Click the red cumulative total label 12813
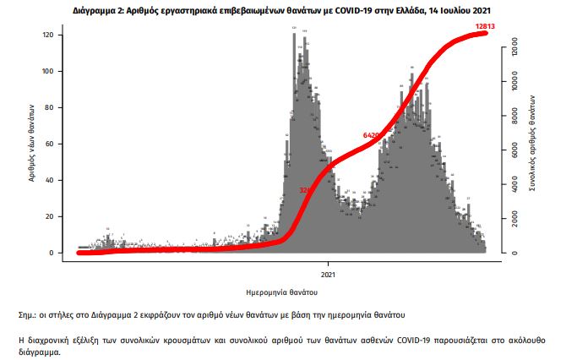(485, 27)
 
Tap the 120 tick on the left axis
(47, 35)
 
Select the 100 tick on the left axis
(47, 72)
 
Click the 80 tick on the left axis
(49, 108)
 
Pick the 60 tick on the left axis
(49, 145)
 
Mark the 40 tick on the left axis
(49, 181)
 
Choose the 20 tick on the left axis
(49, 217)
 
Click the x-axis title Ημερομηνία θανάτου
(281, 292)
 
